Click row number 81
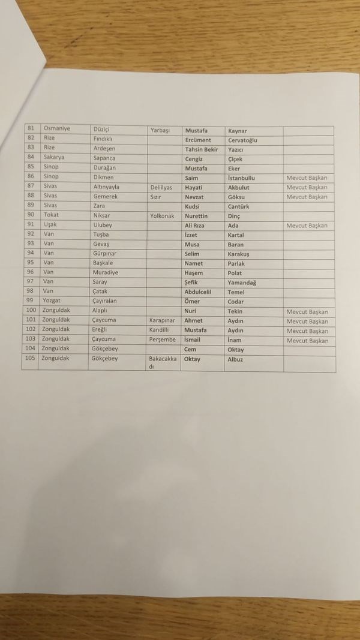tap(31, 129)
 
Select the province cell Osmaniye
tap(56, 129)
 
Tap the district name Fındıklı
tap(103, 139)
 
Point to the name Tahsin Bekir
tap(202, 149)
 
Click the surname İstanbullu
tap(242, 178)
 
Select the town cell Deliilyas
tap(161, 187)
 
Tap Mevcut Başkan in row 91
tap(307, 226)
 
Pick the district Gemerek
tap(106, 196)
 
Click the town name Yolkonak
tap(162, 215)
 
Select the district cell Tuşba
tap(101, 235)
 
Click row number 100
tap(31, 311)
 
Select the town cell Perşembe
tap(162, 339)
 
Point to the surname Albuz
tap(236, 359)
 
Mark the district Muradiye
tap(106, 272)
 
